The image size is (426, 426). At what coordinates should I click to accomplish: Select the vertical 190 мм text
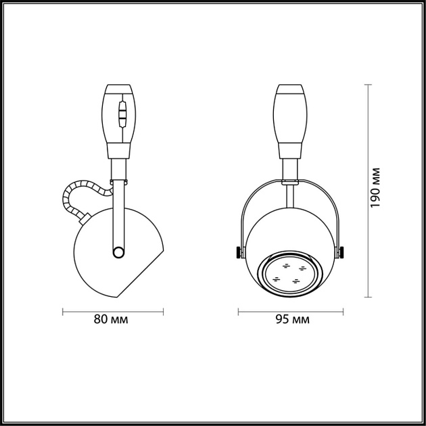click(x=377, y=187)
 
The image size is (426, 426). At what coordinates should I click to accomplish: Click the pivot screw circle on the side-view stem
click(x=118, y=252)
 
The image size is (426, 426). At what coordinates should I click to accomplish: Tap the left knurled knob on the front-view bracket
click(x=239, y=253)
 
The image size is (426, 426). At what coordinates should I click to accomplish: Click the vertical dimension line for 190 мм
click(x=368, y=190)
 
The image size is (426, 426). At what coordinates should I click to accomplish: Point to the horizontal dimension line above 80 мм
click(x=113, y=312)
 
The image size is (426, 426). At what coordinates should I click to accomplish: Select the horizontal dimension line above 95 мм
click(x=290, y=312)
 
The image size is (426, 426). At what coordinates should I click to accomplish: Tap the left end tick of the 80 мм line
click(x=63, y=312)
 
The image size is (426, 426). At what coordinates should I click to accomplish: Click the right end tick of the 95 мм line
click(x=343, y=312)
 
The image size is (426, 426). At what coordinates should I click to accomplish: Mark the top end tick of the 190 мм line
click(x=368, y=85)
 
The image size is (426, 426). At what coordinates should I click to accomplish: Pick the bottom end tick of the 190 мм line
click(x=368, y=296)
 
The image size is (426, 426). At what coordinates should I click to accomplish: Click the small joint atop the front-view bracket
click(x=289, y=181)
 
